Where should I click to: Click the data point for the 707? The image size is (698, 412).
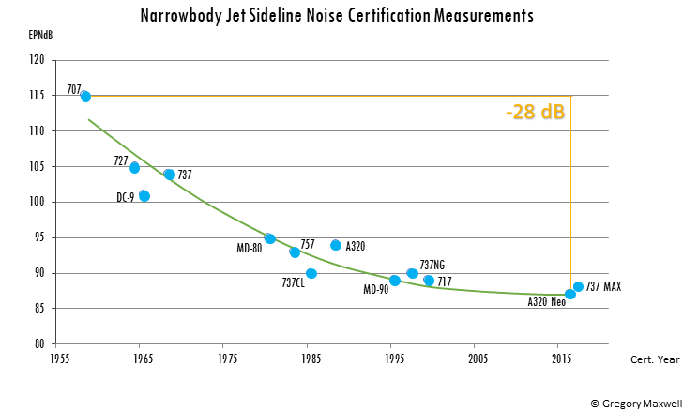pyautogui.click(x=85, y=96)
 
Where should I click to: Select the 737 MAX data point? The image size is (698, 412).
pyautogui.click(x=578, y=287)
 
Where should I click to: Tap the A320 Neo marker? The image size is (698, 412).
pyautogui.click(x=570, y=294)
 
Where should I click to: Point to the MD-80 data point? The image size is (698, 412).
pyautogui.click(x=270, y=238)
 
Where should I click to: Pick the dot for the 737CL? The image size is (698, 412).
pyautogui.click(x=311, y=273)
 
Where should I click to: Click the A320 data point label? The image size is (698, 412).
pyautogui.click(x=355, y=246)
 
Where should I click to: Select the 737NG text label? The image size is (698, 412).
pyautogui.click(x=432, y=265)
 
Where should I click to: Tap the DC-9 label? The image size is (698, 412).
pyautogui.click(x=125, y=197)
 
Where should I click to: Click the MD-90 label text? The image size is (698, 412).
pyautogui.click(x=375, y=289)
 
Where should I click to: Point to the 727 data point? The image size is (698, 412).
pyautogui.click(x=134, y=168)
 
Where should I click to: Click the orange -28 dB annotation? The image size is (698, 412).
pyautogui.click(x=535, y=113)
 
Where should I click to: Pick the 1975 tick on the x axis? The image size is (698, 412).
pyautogui.click(x=226, y=359)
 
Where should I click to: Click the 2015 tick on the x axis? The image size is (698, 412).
pyautogui.click(x=561, y=359)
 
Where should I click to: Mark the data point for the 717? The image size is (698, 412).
pyautogui.click(x=429, y=281)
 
